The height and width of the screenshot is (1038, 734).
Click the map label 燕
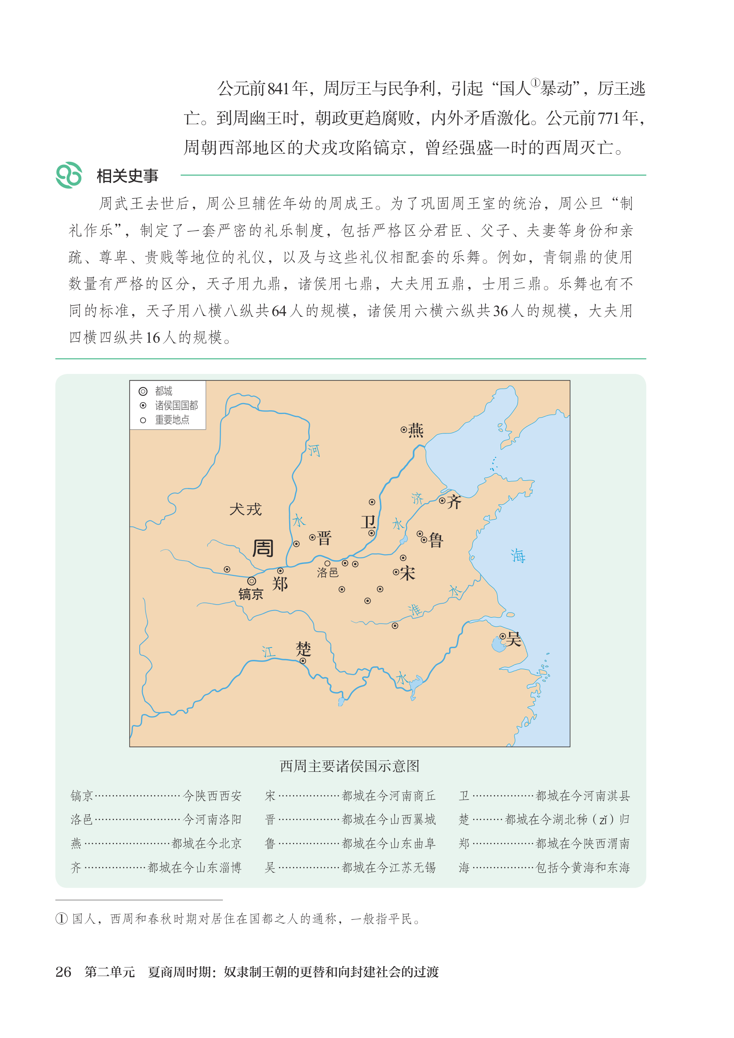[x=416, y=430]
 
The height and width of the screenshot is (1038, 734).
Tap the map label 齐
[x=454, y=501]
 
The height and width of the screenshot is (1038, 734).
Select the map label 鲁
[x=436, y=540]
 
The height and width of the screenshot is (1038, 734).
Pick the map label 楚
[x=303, y=649]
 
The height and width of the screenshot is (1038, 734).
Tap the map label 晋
[x=324, y=538]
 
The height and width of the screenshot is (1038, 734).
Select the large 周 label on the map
[x=263, y=549]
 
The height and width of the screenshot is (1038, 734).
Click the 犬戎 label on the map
[x=245, y=510]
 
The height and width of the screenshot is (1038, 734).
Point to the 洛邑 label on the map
[x=328, y=572]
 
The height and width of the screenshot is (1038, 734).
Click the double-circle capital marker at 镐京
[x=252, y=581]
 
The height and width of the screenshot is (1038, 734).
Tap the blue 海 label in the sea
[x=518, y=556]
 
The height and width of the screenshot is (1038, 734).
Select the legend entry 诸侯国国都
[x=176, y=405]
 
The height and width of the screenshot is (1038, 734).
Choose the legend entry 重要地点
[x=172, y=420]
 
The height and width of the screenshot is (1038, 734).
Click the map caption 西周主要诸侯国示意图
[x=349, y=766]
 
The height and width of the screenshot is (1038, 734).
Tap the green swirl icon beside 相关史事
[x=69, y=175]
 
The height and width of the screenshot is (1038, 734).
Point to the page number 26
[x=63, y=972]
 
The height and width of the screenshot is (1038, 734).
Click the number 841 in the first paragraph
[x=278, y=89]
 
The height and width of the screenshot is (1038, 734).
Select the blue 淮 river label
[x=415, y=610]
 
